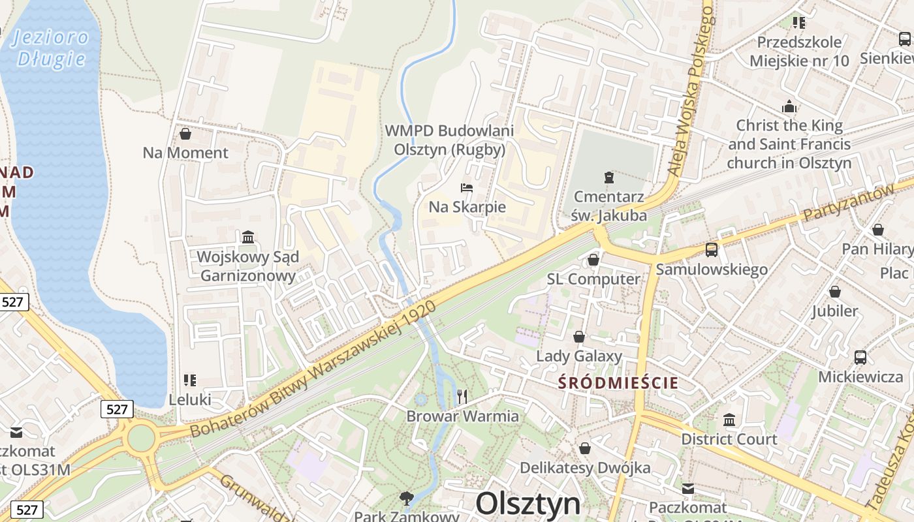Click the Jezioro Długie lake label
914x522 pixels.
51,48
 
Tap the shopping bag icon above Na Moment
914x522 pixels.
185,134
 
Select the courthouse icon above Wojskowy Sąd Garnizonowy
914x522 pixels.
248,237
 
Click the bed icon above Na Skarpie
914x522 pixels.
467,188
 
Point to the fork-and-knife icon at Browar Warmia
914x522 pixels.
462,396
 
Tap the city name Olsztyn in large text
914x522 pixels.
528,504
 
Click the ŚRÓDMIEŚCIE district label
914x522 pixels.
618,383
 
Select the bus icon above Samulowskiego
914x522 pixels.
712,249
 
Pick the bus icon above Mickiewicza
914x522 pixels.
860,357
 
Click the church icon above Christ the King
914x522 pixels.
789,106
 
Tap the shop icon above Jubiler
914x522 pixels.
835,291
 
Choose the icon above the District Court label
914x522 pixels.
729,419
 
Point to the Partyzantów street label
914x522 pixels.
848,202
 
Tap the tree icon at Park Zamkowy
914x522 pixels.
407,499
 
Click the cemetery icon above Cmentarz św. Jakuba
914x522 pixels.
608,177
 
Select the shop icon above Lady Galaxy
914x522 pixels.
578,337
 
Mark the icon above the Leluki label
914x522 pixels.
190,380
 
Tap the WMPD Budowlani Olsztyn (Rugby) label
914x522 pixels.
449,140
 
